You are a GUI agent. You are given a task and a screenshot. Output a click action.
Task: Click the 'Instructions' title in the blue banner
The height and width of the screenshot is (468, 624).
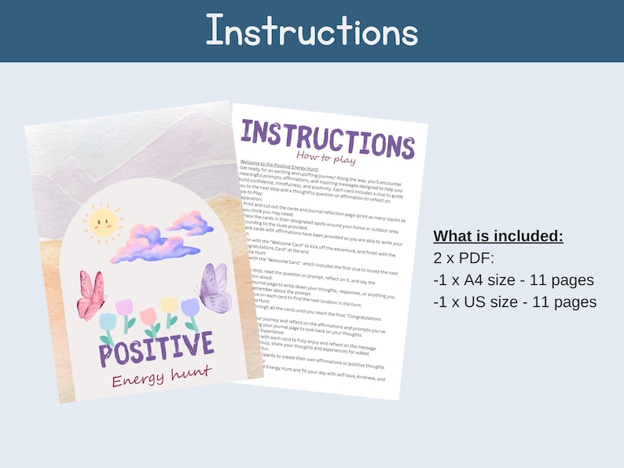(311, 31)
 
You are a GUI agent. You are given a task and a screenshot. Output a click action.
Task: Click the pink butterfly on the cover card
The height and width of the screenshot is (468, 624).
(91, 295)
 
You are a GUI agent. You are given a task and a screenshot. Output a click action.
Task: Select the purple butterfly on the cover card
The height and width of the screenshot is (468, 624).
(211, 287)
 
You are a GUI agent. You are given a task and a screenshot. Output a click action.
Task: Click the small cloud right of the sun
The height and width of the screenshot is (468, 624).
(189, 222)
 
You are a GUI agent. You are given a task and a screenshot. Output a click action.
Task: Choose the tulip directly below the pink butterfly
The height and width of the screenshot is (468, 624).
(108, 323)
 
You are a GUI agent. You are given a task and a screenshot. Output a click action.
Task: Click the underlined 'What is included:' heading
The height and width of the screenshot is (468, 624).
(498, 236)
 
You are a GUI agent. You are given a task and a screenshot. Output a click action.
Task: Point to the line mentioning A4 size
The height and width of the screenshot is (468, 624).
(514, 280)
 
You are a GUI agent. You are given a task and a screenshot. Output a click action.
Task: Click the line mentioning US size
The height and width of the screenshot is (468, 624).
(515, 302)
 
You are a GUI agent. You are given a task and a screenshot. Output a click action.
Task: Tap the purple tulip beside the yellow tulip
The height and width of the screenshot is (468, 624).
(190, 308)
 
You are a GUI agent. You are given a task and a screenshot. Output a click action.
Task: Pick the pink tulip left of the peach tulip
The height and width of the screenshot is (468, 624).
(125, 307)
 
